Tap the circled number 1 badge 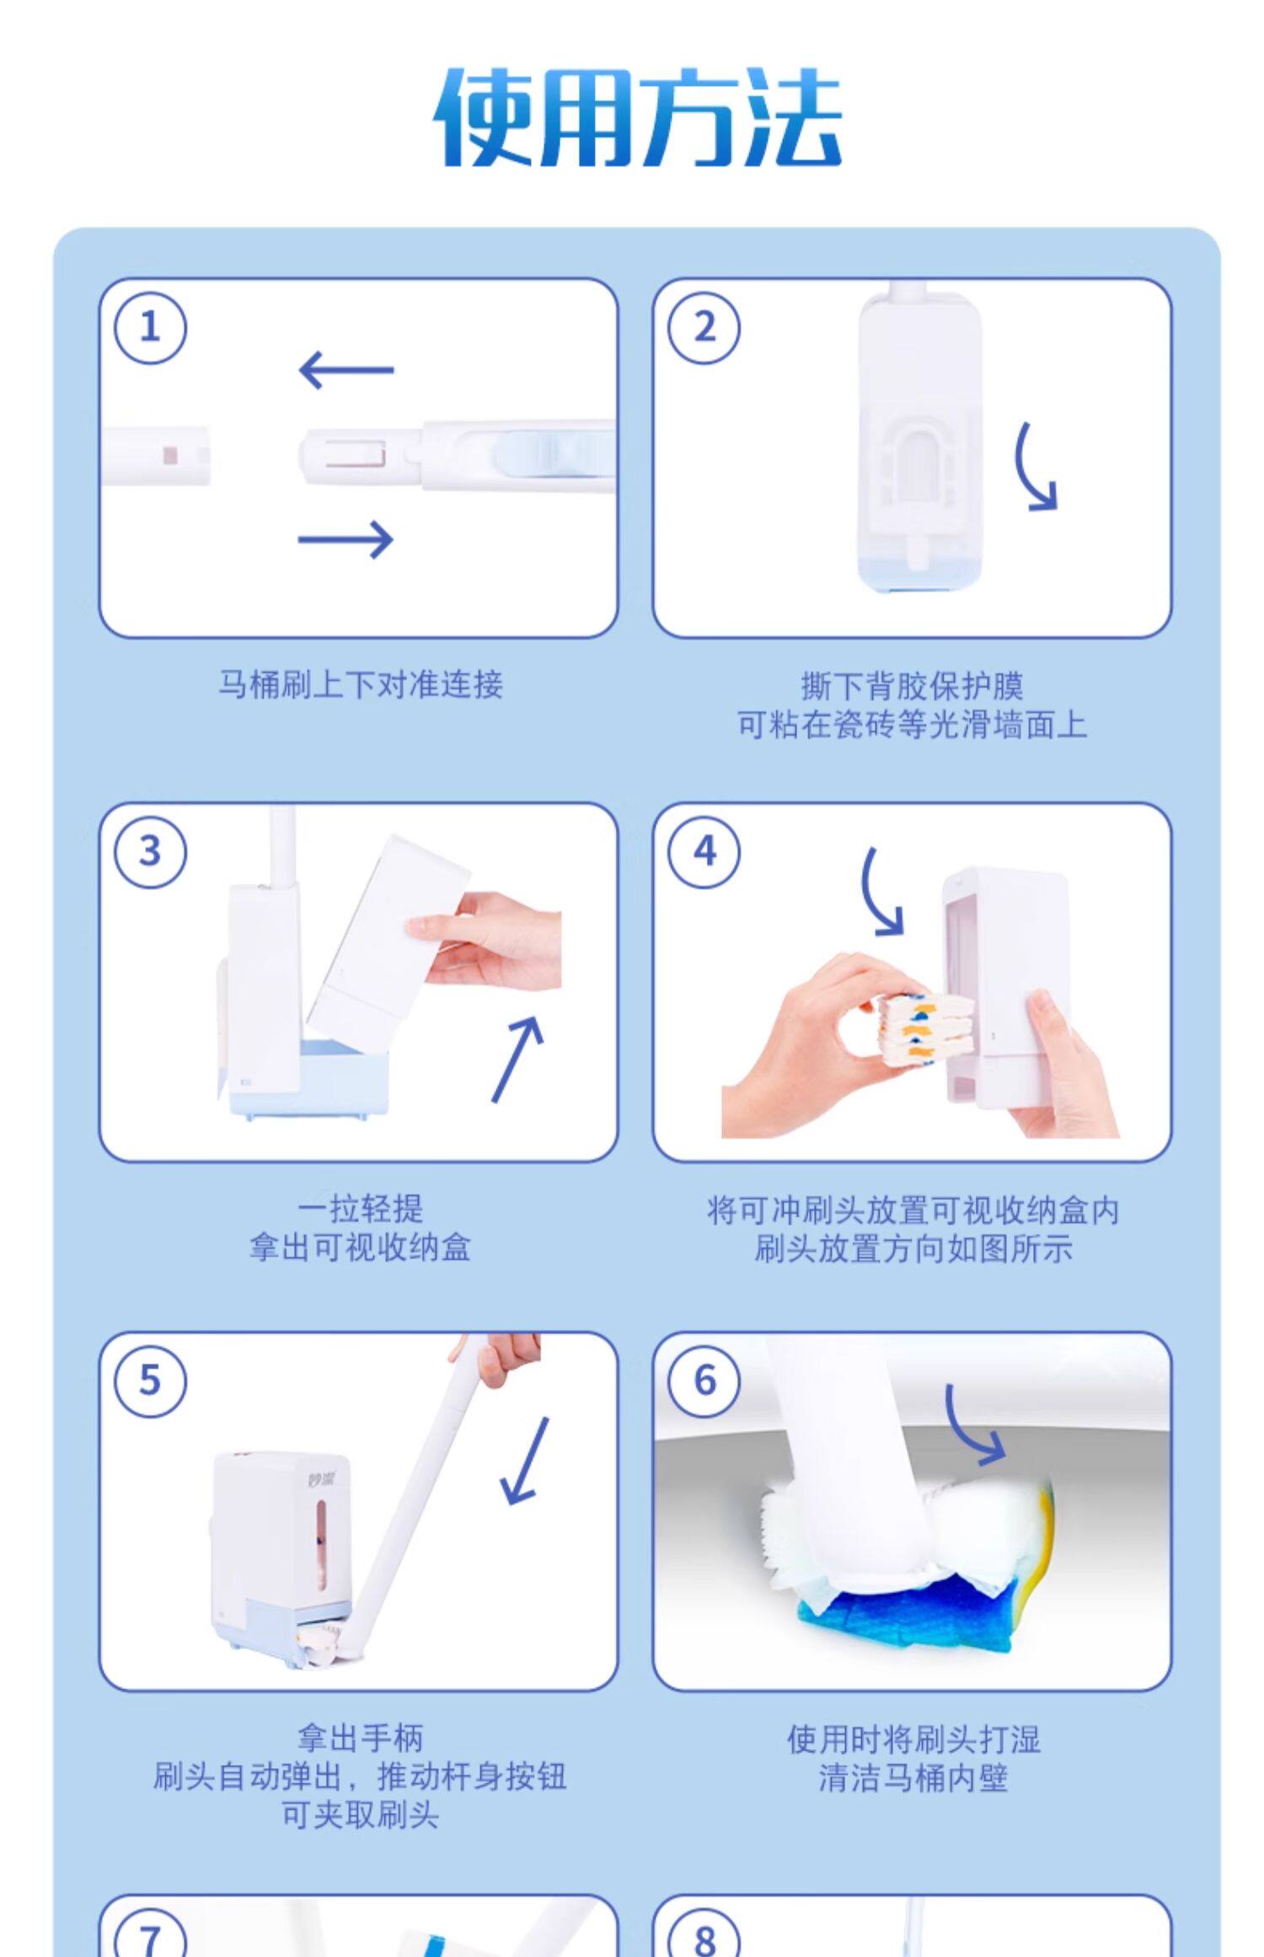[x=150, y=327]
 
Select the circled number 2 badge [x=704, y=327]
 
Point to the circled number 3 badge [x=150, y=851]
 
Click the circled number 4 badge [x=704, y=851]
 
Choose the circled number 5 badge [x=150, y=1381]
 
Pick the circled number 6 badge [x=704, y=1381]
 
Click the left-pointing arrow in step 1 [x=346, y=370]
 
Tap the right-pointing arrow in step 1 [x=346, y=539]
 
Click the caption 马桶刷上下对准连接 [x=361, y=684]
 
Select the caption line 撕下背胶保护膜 [x=912, y=686]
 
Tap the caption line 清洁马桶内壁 [x=913, y=1777]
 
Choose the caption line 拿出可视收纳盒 [x=360, y=1247]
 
